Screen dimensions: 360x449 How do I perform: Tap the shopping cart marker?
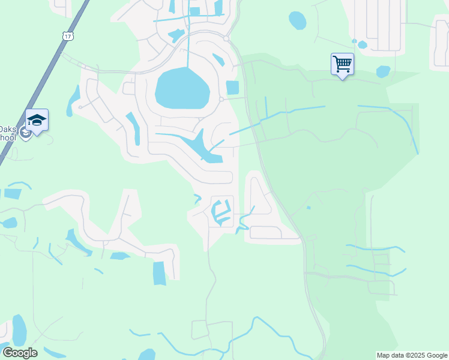pos(342,64)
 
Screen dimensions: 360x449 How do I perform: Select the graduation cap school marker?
pos(37,121)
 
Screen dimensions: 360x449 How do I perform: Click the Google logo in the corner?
pos(20,353)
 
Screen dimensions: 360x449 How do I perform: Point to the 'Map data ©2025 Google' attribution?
pos(412,355)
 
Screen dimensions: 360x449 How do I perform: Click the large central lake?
pos(182,88)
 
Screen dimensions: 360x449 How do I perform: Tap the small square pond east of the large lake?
pos(232,87)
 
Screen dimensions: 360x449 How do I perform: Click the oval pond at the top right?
pos(297,20)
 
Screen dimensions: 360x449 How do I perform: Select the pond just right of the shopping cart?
pos(383,71)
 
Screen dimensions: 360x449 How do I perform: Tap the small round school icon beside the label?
pos(25,133)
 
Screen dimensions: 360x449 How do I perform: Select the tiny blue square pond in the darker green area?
pos(309,208)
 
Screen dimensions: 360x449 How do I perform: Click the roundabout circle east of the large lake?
pos(221,99)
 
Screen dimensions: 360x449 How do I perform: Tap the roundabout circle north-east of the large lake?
pos(227,38)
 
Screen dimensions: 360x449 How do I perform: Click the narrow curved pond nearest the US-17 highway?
pos(74,100)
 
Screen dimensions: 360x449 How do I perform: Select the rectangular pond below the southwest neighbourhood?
pos(159,273)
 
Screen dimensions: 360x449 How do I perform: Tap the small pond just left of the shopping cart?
pos(362,44)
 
